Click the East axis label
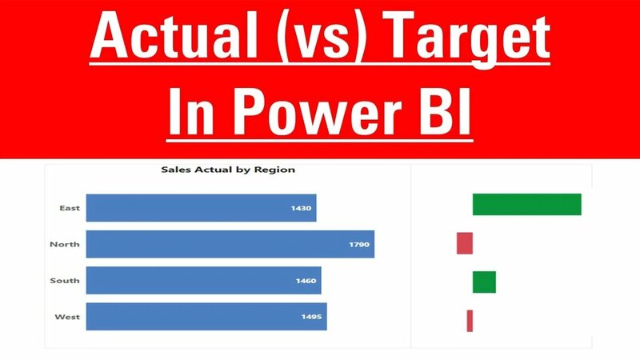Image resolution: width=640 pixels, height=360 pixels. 69,208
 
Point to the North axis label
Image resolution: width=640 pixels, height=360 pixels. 64,244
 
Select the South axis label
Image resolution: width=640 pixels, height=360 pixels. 64,281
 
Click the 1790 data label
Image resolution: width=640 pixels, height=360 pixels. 359,244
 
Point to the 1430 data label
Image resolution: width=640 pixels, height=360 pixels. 302,208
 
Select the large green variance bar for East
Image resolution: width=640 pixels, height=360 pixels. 526,204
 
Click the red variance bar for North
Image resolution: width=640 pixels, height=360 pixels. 465,243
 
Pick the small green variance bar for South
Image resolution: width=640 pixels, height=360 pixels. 484,282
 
